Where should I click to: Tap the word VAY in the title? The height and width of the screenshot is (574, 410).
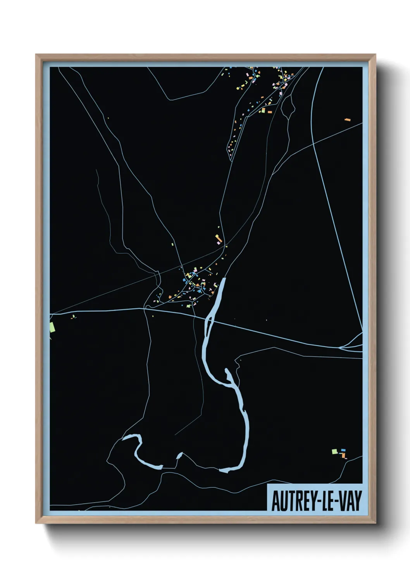tap(350, 501)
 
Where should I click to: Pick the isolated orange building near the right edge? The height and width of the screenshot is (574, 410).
tap(347, 120)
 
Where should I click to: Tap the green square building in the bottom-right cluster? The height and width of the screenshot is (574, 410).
tap(334, 451)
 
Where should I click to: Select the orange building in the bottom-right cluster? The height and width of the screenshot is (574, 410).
tap(343, 454)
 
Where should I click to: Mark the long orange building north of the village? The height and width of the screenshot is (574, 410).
tap(219, 239)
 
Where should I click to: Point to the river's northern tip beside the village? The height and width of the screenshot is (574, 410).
tap(224, 279)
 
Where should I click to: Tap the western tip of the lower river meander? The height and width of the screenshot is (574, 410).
tap(124, 439)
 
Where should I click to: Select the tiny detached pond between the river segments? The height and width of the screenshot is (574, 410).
tap(179, 455)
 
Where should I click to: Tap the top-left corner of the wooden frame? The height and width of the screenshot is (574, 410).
tap(36, 55)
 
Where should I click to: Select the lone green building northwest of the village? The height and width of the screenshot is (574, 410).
tap(173, 245)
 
